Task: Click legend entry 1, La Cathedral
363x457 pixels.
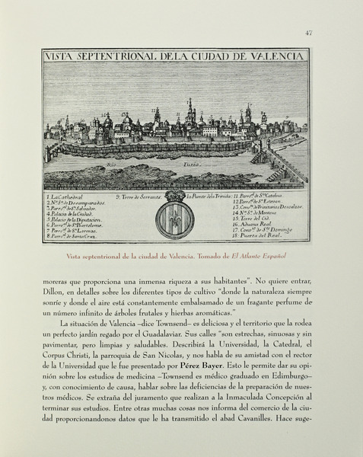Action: tap(68, 197)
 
